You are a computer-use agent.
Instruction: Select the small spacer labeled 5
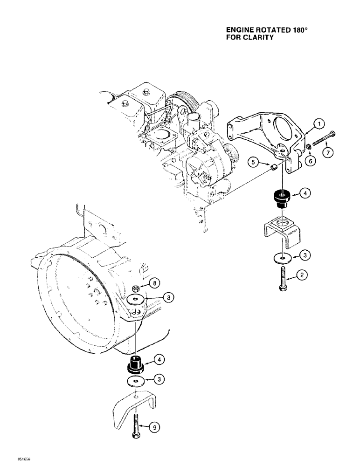(x=276, y=166)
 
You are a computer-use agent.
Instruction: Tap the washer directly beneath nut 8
(x=135, y=299)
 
